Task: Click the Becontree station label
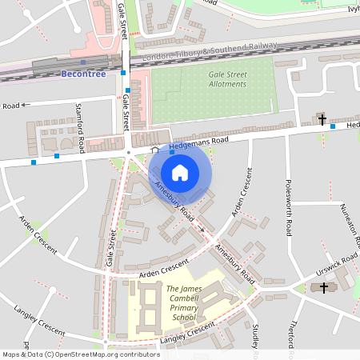[83, 74]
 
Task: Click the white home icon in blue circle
[180, 173]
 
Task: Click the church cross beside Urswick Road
[323, 287]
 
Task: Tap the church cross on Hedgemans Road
[322, 121]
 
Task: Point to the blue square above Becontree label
[83, 62]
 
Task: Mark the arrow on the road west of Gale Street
[25, 104]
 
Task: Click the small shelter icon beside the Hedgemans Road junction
[155, 150]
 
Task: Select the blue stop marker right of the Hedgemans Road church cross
[333, 127]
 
